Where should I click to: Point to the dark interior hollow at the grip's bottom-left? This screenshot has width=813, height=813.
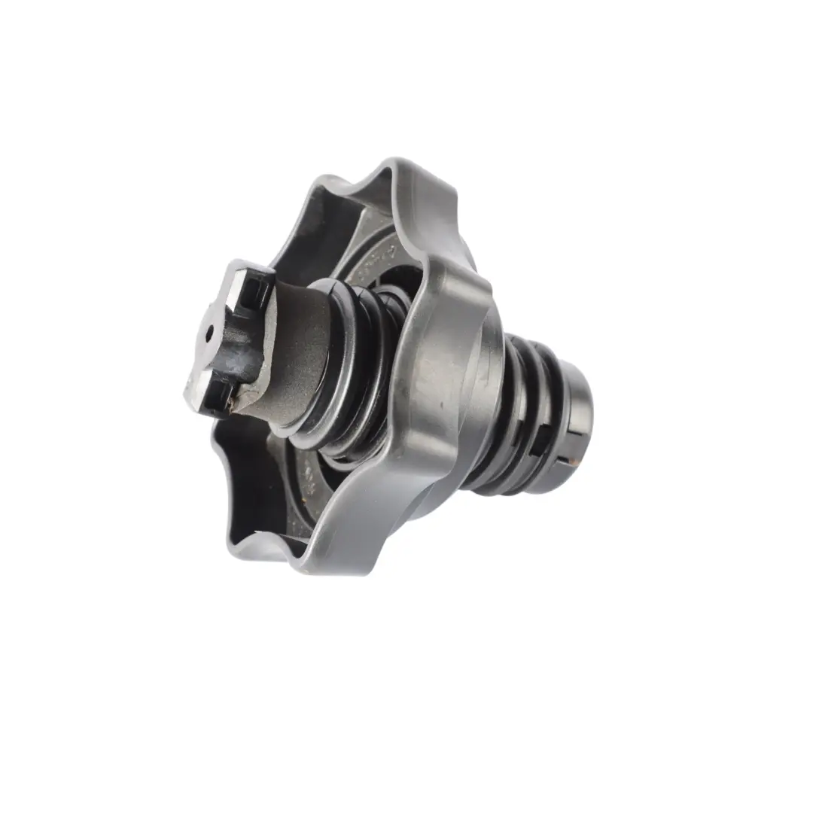tap(248, 482)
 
